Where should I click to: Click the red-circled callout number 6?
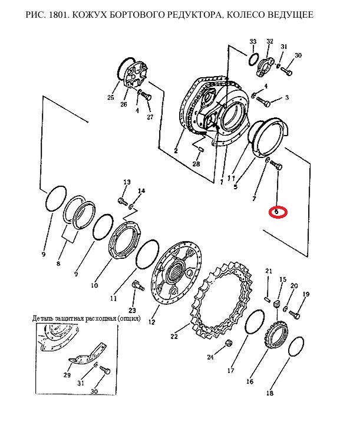coord(276,212)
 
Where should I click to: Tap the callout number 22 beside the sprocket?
coord(174,336)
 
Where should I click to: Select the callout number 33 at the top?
coord(253,41)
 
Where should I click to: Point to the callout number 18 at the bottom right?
coord(270,393)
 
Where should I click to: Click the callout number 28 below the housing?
coord(196,164)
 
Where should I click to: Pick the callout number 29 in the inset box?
coord(67,375)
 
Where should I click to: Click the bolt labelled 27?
coord(146,97)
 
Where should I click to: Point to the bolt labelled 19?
coord(295,315)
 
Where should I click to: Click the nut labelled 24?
coord(229,343)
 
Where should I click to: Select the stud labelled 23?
coord(138,285)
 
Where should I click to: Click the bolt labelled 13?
coord(123,202)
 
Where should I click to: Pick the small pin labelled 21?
coord(267,298)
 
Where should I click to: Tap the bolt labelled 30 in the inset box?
coord(105,370)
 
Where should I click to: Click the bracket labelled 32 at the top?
coord(266,66)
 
